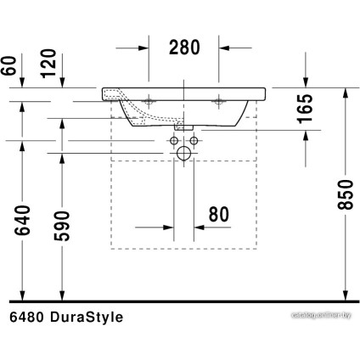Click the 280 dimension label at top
(183, 48)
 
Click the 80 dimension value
(218, 215)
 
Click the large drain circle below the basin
(183, 153)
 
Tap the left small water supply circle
(173, 140)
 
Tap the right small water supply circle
(194, 140)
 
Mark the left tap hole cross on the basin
(149, 98)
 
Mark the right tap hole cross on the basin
(218, 98)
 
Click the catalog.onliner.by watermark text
(321, 315)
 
